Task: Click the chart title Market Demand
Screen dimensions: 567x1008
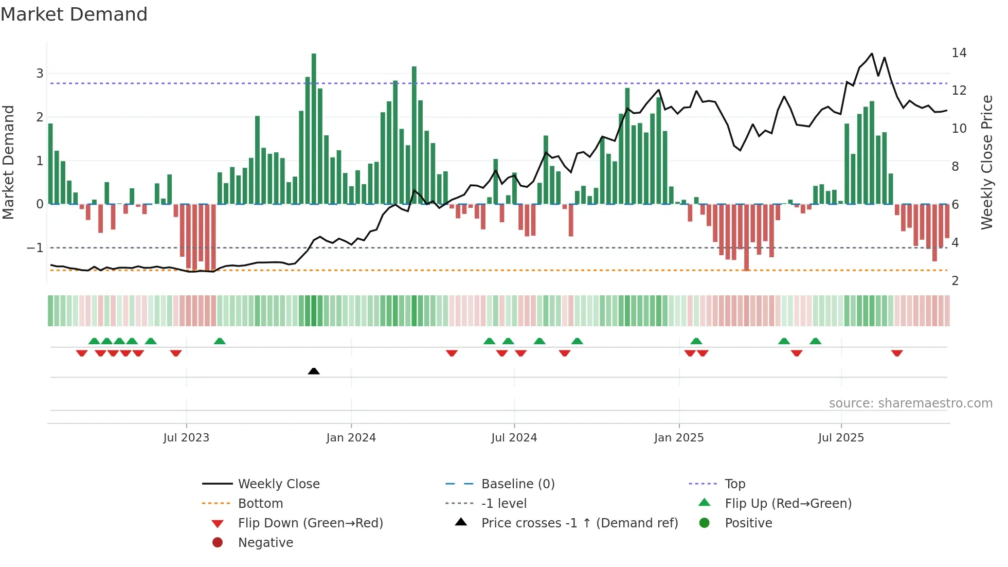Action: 74,14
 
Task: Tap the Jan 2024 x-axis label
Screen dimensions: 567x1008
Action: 351,438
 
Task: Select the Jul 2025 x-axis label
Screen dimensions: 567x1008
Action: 841,438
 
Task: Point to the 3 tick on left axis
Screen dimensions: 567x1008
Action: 40,74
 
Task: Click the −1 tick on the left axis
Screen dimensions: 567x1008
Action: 35,248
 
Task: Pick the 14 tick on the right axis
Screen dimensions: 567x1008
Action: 959,53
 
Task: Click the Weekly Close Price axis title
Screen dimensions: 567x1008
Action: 986,162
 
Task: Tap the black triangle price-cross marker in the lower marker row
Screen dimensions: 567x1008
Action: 314,371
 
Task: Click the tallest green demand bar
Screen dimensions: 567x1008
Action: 314,129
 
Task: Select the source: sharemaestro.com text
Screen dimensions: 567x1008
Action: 910,403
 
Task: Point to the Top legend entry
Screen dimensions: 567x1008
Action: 734,484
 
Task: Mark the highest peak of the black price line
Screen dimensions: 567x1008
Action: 872,54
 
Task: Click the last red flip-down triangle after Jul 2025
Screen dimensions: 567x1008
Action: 897,353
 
